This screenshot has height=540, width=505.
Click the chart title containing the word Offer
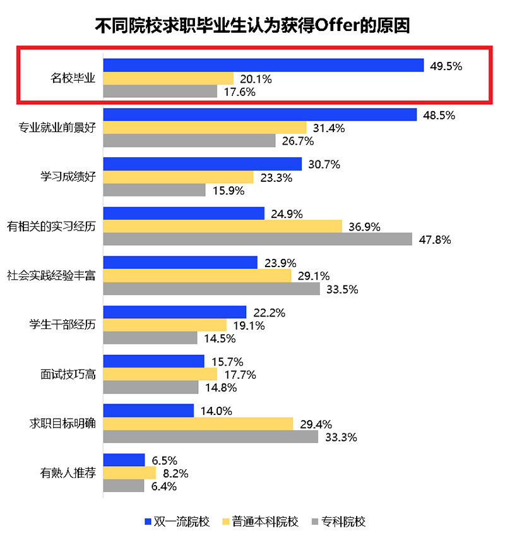(x=252, y=26)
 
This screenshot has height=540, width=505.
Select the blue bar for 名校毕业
(x=263, y=65)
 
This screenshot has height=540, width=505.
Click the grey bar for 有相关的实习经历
(x=258, y=240)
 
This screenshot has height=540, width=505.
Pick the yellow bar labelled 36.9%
(x=222, y=227)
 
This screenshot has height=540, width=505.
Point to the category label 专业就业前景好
(x=56, y=128)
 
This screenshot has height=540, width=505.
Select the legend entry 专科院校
(x=338, y=522)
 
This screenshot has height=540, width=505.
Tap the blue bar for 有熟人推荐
(x=124, y=460)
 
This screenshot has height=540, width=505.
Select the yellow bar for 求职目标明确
(x=198, y=424)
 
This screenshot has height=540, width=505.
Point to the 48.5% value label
(x=437, y=115)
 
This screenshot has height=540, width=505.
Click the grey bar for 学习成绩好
(x=154, y=190)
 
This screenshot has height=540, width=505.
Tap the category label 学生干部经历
(x=62, y=325)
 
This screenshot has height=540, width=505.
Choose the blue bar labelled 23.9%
(x=180, y=262)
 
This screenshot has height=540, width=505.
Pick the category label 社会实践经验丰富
(x=51, y=275)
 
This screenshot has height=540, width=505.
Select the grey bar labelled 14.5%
(x=150, y=339)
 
